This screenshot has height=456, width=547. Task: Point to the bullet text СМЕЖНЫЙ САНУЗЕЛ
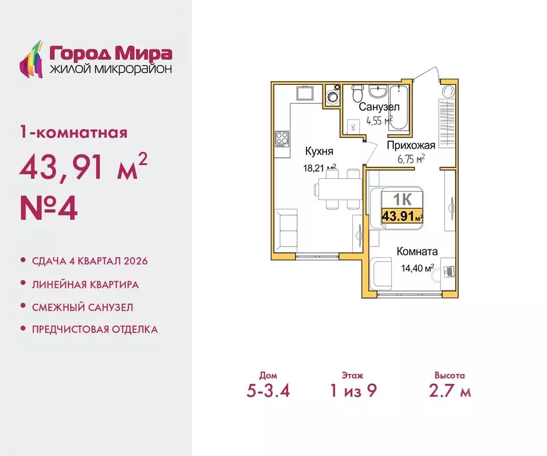tap(82, 307)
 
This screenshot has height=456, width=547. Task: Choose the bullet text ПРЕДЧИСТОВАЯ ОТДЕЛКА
tap(94, 329)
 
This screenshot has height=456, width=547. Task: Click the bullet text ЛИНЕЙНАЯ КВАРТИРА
tap(85, 284)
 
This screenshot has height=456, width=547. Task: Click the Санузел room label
tap(379, 107)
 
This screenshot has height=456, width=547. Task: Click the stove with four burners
tap(282, 140)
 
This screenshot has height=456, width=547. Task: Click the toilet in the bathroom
tap(357, 93)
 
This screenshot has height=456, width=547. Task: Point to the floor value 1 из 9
tap(353, 391)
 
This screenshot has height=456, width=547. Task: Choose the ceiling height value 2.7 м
tap(449, 391)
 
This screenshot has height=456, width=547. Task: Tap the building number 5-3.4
tap(268, 391)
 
